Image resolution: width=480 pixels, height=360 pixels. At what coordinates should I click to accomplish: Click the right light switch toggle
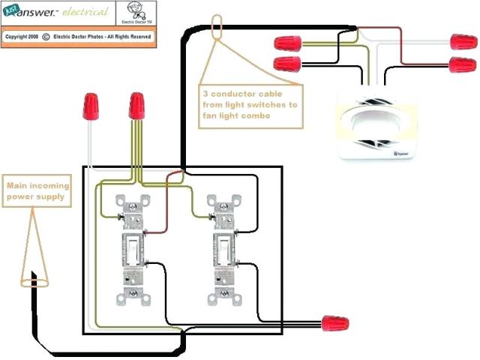223,247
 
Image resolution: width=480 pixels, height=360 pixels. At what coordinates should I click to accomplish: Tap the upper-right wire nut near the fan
460,41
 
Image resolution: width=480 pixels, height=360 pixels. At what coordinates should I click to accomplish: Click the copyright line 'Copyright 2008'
22,35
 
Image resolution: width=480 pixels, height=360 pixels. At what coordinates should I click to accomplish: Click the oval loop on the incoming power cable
31,282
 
